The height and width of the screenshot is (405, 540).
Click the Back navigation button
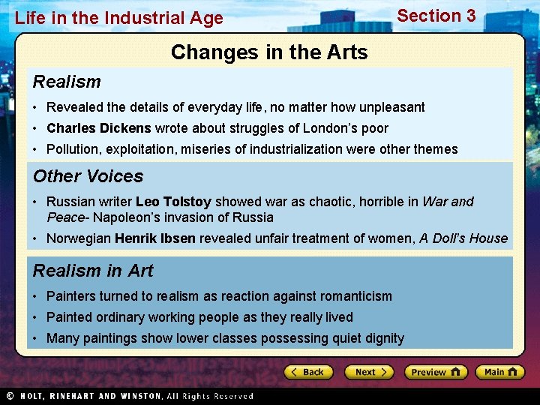point(307,372)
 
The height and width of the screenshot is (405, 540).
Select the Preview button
point(435,372)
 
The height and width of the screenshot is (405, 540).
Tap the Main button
point(501,372)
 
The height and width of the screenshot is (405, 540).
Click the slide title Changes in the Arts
point(269,52)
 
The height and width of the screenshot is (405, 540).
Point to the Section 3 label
point(436,16)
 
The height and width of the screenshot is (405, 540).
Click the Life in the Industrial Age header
point(119,18)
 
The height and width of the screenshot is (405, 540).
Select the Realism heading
point(67,82)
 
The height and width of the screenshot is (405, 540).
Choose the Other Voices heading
point(88,176)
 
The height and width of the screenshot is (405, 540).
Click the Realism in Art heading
point(93,271)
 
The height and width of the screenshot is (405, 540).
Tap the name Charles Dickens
point(99,128)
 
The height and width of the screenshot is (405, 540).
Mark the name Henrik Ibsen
point(154,238)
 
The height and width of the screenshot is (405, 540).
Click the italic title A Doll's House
point(463,238)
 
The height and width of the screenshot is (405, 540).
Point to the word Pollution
point(72,149)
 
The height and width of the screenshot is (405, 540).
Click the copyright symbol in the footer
point(10,396)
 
